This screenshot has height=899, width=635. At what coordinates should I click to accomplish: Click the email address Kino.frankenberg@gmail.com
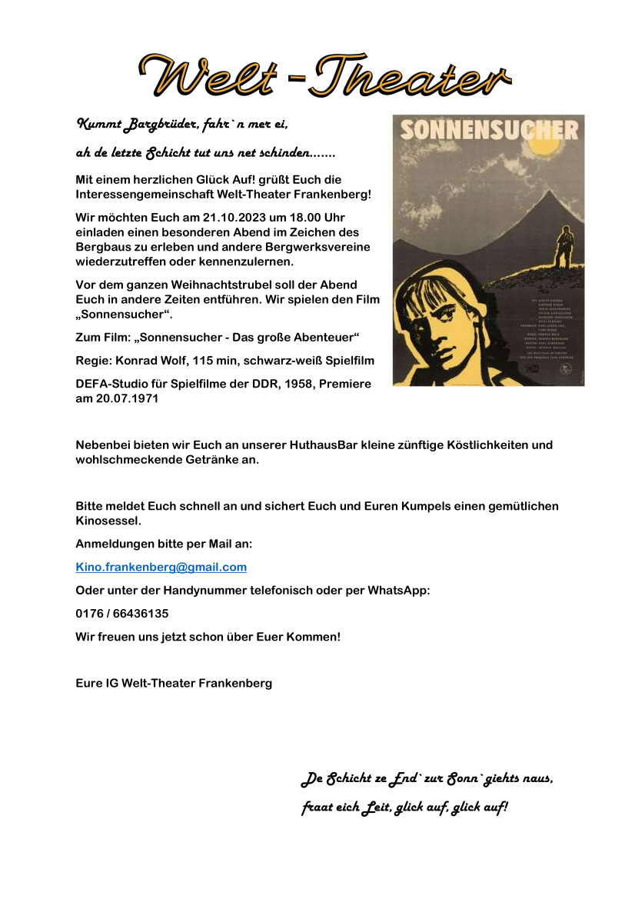pos(161,568)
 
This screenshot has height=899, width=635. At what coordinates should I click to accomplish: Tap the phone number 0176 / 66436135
pos(122,614)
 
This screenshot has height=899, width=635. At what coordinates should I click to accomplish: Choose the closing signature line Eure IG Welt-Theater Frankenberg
pos(174,683)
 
